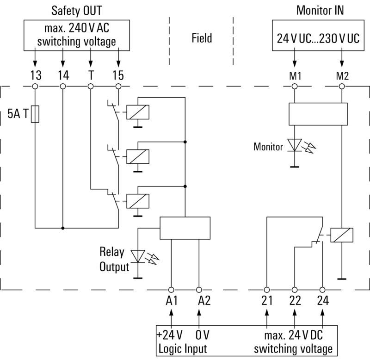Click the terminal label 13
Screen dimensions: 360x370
(x=35, y=74)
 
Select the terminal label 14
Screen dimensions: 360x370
(x=63, y=74)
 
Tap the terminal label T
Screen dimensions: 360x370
(x=91, y=74)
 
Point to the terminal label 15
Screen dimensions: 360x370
(x=119, y=74)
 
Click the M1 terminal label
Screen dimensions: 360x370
(x=295, y=75)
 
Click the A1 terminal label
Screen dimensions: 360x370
(x=172, y=301)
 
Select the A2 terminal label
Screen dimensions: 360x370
(x=204, y=301)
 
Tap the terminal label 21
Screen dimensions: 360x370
(x=267, y=301)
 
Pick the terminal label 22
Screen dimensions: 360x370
(x=294, y=301)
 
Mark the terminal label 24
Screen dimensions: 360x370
(x=323, y=301)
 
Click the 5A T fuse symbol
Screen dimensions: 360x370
(x=35, y=114)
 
